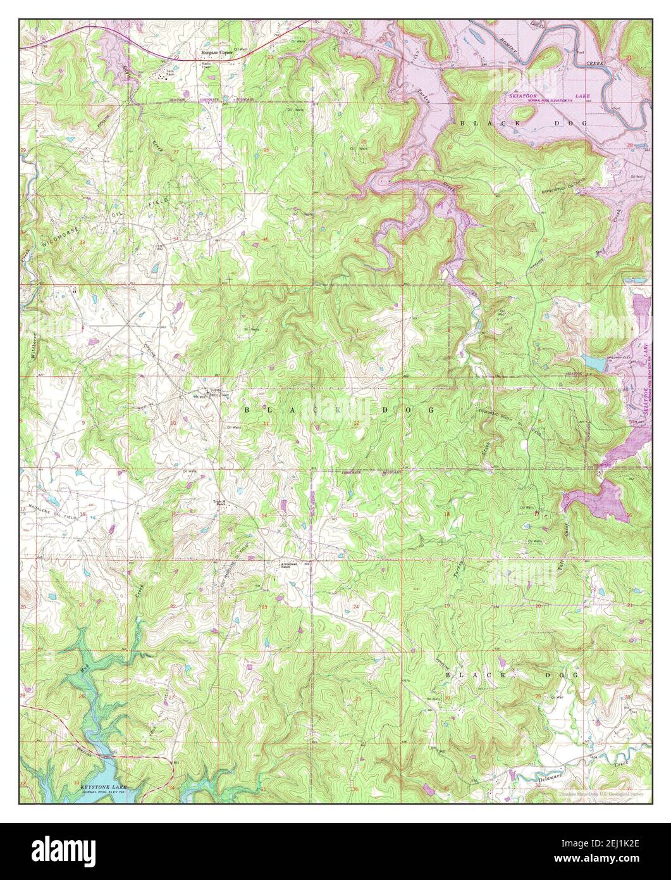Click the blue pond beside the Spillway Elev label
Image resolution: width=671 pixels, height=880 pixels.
594,363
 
